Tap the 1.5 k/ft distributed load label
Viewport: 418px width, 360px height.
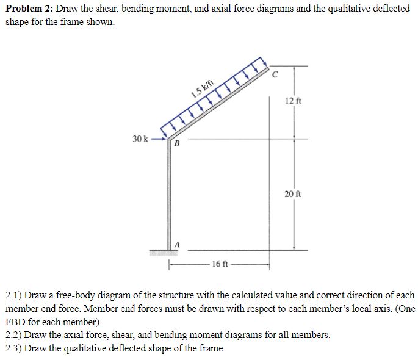[x=202, y=88]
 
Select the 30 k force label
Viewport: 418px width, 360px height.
[x=141, y=139]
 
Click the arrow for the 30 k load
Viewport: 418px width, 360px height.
[x=159, y=139]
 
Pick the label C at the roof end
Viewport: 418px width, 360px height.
[x=275, y=76]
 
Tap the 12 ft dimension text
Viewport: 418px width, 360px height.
[x=293, y=101]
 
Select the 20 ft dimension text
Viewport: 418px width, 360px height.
[x=293, y=194]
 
